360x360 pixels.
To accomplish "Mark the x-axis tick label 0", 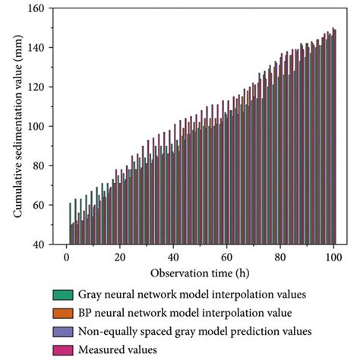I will pos(66,256).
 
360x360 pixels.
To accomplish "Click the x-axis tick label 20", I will pos(120,256).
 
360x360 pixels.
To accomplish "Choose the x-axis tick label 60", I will pos(227,256).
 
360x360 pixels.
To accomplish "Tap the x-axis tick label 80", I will pos(280,256).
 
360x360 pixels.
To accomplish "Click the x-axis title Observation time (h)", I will pos(200,272).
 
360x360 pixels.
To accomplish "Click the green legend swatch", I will pos(62,295).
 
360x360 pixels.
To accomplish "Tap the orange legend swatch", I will pos(62,313).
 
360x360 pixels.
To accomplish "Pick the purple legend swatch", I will pos(62,331).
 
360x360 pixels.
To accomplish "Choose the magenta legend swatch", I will pos(62,349).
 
